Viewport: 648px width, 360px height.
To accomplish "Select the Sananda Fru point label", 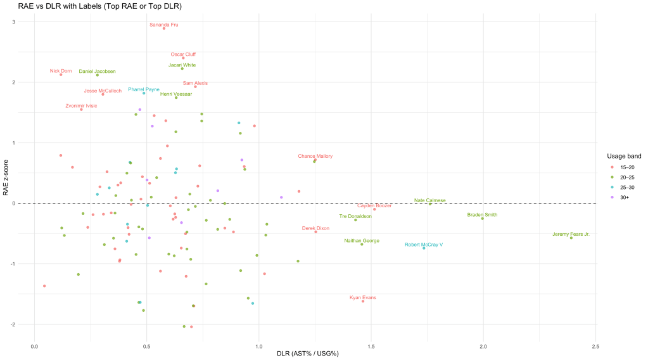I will click(x=163, y=25).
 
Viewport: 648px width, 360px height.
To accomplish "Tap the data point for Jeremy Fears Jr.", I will click(x=571, y=238).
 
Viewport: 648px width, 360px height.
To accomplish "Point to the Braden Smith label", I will click(x=482, y=215).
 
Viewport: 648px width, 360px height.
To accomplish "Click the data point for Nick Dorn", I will click(x=61, y=75).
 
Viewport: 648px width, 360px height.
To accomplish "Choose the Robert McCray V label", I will click(x=424, y=245).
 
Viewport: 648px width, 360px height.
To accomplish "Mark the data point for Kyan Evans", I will click(x=363, y=301).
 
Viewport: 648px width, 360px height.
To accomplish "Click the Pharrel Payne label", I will click(x=144, y=89).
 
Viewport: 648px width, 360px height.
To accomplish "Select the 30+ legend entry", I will click(x=625, y=198).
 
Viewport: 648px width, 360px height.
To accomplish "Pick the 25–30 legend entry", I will click(x=626, y=187).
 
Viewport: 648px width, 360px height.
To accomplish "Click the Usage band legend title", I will click(x=624, y=156).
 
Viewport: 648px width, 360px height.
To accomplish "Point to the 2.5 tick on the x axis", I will click(x=595, y=347).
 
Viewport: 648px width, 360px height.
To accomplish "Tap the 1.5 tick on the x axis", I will click(x=371, y=347).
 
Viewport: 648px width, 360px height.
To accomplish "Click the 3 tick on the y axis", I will click(x=14, y=22).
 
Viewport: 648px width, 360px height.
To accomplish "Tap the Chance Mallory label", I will click(x=315, y=156).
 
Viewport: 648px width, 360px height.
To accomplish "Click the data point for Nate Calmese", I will click(x=430, y=204).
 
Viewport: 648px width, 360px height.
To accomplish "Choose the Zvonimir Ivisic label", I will click(x=81, y=106).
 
